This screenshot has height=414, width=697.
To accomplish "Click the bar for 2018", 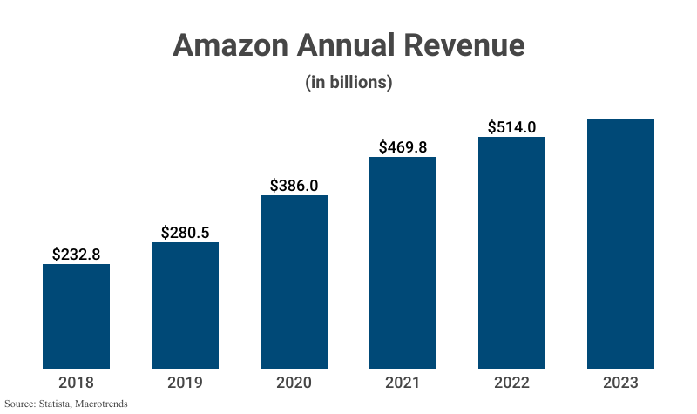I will tap(76, 316).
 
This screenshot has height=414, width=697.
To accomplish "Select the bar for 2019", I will tap(185, 305).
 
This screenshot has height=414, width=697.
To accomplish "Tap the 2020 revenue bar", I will tap(294, 282).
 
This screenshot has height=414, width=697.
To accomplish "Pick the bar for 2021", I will tap(403, 262).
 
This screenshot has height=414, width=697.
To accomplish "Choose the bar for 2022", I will tap(511, 252).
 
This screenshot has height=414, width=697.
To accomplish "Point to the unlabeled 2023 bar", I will tap(620, 243).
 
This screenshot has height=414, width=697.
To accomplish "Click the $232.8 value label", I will tap(76, 255).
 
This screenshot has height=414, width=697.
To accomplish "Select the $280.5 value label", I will tap(185, 233).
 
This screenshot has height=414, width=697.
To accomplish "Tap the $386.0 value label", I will tap(294, 186).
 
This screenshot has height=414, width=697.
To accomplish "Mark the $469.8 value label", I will tap(403, 147).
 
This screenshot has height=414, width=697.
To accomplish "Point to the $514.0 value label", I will tap(511, 127).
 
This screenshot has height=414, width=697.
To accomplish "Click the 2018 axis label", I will tap(76, 383).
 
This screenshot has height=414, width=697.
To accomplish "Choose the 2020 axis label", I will tap(294, 383).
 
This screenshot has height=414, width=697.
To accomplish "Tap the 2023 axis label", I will tap(620, 383).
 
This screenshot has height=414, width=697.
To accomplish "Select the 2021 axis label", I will tap(403, 383).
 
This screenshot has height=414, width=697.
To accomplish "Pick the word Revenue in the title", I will tap(465, 45).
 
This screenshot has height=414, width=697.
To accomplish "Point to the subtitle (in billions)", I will tap(348, 84).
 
